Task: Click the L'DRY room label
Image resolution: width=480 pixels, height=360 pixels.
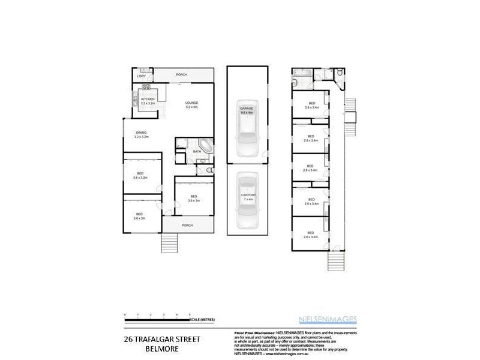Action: [x=141, y=76]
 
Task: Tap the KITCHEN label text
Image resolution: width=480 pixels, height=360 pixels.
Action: [x=148, y=99]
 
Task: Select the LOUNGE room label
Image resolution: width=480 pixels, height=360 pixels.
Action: [x=191, y=103]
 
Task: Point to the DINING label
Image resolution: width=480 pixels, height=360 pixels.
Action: [x=141, y=133]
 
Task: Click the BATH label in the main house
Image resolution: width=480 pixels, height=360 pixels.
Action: [x=196, y=152]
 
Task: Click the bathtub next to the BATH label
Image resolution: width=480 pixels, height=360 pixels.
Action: [x=205, y=145]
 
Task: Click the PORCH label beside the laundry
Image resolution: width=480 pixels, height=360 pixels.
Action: [x=181, y=74]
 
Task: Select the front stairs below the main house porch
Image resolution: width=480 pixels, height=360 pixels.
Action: [x=170, y=243]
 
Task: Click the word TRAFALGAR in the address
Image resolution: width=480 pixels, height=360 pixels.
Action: [x=160, y=338]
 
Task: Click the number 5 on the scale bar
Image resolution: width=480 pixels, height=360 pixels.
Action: [x=190, y=314]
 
